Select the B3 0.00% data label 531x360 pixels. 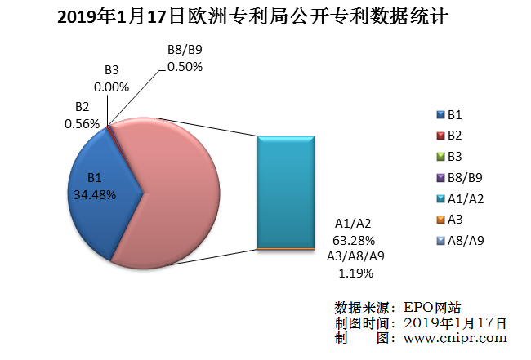pyautogui.click(x=112, y=78)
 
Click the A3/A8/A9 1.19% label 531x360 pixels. pyautogui.click(x=355, y=264)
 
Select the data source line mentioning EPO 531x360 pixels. pyautogui.click(x=398, y=308)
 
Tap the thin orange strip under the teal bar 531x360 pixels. pyautogui.click(x=286, y=247)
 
